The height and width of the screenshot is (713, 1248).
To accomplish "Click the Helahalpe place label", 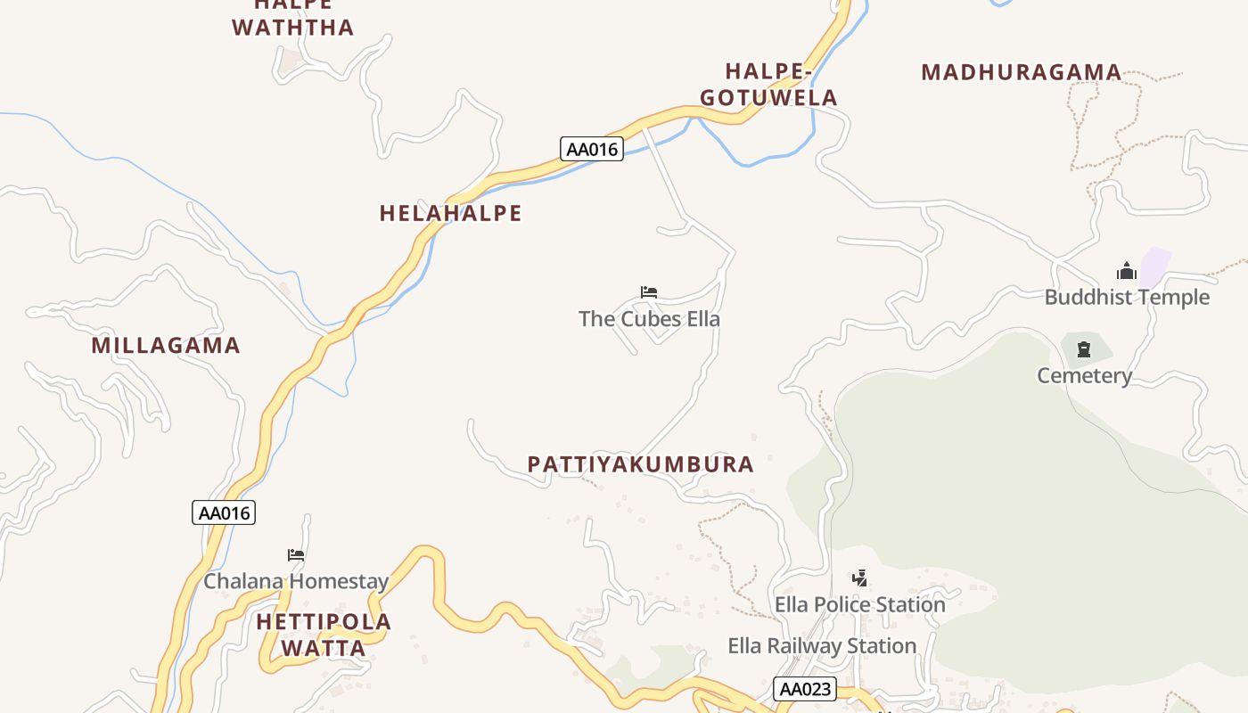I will coord(450,213).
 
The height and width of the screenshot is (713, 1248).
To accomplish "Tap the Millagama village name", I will coord(166,345).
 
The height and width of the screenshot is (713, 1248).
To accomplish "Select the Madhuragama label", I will coord(1021,72).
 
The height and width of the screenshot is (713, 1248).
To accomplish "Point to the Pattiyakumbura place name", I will coord(640,464).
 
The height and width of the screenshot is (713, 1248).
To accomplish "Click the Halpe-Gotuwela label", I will coord(768,84).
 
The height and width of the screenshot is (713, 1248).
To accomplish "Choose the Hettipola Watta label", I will coord(324,635).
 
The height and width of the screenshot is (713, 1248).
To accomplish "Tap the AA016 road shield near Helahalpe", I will coord(592,149).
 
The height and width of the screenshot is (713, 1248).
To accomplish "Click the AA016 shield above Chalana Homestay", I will coord(224,512).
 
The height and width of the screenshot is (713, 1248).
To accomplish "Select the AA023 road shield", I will coord(806,688).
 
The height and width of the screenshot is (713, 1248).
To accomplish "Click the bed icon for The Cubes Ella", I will coord(649,291).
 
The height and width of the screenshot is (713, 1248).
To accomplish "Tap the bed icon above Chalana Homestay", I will coord(296,554).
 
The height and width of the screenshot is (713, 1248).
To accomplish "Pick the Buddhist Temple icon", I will coord(1127,271).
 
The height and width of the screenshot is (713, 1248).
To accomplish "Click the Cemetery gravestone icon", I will coord(1084,349).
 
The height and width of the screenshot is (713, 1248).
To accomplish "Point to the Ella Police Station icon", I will coord(859,578).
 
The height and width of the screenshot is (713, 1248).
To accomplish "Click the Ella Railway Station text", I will coord(822,645).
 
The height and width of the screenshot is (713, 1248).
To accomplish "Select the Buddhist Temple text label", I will coord(1127,297).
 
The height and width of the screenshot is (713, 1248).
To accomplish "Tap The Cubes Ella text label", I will coord(649,318).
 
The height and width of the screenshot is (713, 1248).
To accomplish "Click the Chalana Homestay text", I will coord(296,582).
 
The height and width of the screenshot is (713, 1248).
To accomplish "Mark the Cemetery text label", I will coord(1084,375).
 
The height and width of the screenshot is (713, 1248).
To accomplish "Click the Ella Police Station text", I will coord(859,604).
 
